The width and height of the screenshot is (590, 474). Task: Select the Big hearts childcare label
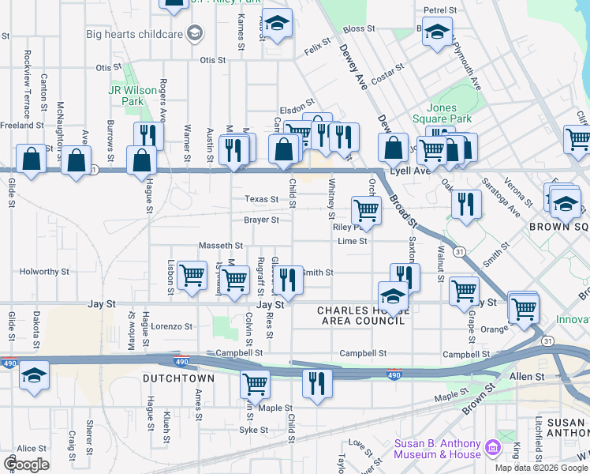(134, 34)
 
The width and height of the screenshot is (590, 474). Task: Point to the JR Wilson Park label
(126, 96)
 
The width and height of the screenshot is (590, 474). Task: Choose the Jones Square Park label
(448, 113)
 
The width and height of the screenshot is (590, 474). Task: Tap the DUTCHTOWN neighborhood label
(178, 379)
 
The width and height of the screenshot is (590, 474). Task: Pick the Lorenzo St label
(172, 326)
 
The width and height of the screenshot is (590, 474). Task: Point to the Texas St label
(262, 200)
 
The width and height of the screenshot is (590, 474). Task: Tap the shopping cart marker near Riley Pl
(366, 210)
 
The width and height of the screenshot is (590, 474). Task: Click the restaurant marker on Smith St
(288, 279)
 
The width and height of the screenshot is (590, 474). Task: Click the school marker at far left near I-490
(34, 374)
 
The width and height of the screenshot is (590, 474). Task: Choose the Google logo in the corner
(26, 465)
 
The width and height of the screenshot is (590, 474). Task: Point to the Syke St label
(255, 431)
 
